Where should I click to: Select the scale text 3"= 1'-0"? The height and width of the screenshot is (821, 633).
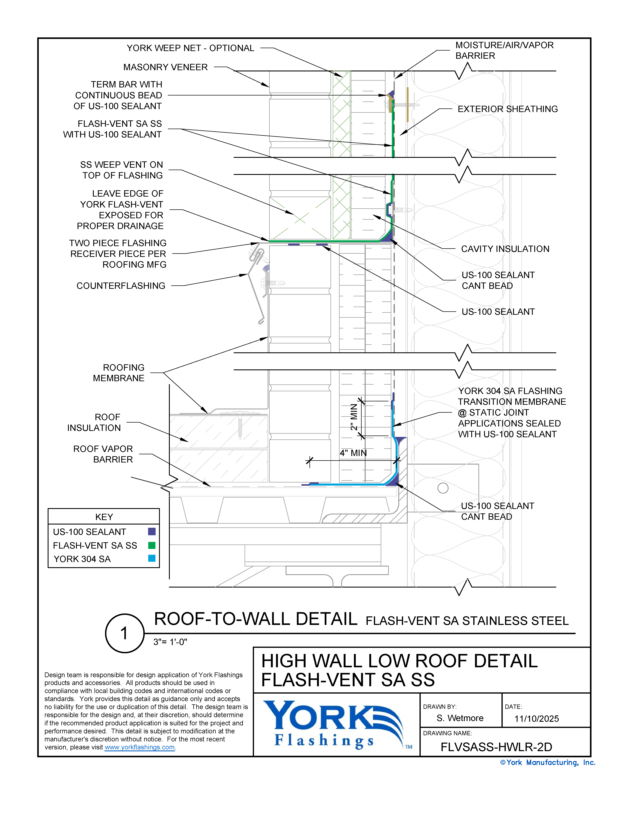click(170, 642)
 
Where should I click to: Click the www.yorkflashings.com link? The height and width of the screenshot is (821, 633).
click(139, 747)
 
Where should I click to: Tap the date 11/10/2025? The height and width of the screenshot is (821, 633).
click(536, 719)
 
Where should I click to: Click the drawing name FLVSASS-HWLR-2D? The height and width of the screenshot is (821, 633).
click(496, 747)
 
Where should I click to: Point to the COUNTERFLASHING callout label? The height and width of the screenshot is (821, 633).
click(121, 286)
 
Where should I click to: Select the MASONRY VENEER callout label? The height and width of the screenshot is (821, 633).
click(165, 67)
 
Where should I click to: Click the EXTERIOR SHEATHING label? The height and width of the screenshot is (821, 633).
click(507, 109)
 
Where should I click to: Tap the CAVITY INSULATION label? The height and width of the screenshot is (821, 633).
click(505, 249)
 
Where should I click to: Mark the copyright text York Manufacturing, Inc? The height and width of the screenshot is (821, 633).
click(548, 762)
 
